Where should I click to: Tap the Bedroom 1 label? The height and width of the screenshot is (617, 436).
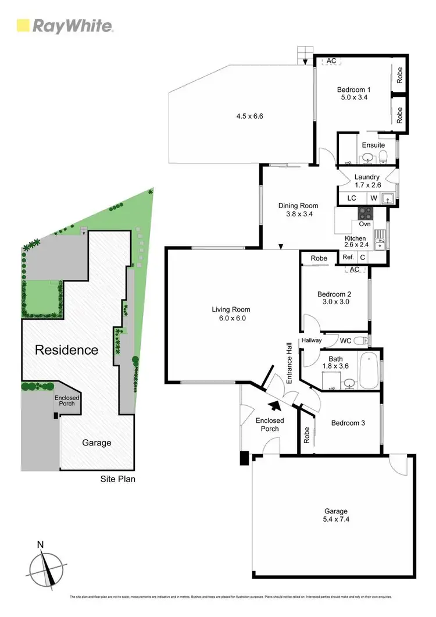pos(354,90)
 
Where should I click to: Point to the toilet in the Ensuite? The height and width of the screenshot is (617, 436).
pos(384,155)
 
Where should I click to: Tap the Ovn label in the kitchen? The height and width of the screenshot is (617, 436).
pos(365,224)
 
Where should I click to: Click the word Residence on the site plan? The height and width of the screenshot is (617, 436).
pos(66,350)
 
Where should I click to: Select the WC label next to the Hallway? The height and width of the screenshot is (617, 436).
pos(345,341)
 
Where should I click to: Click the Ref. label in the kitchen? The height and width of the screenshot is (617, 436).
pos(348,257)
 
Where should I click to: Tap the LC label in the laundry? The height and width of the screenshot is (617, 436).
pos(351,198)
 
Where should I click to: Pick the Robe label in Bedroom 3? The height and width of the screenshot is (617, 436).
pos(306,436)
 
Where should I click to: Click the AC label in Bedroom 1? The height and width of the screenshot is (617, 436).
pos(331,60)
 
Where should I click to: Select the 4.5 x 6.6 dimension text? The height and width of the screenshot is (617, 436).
pos(250,116)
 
